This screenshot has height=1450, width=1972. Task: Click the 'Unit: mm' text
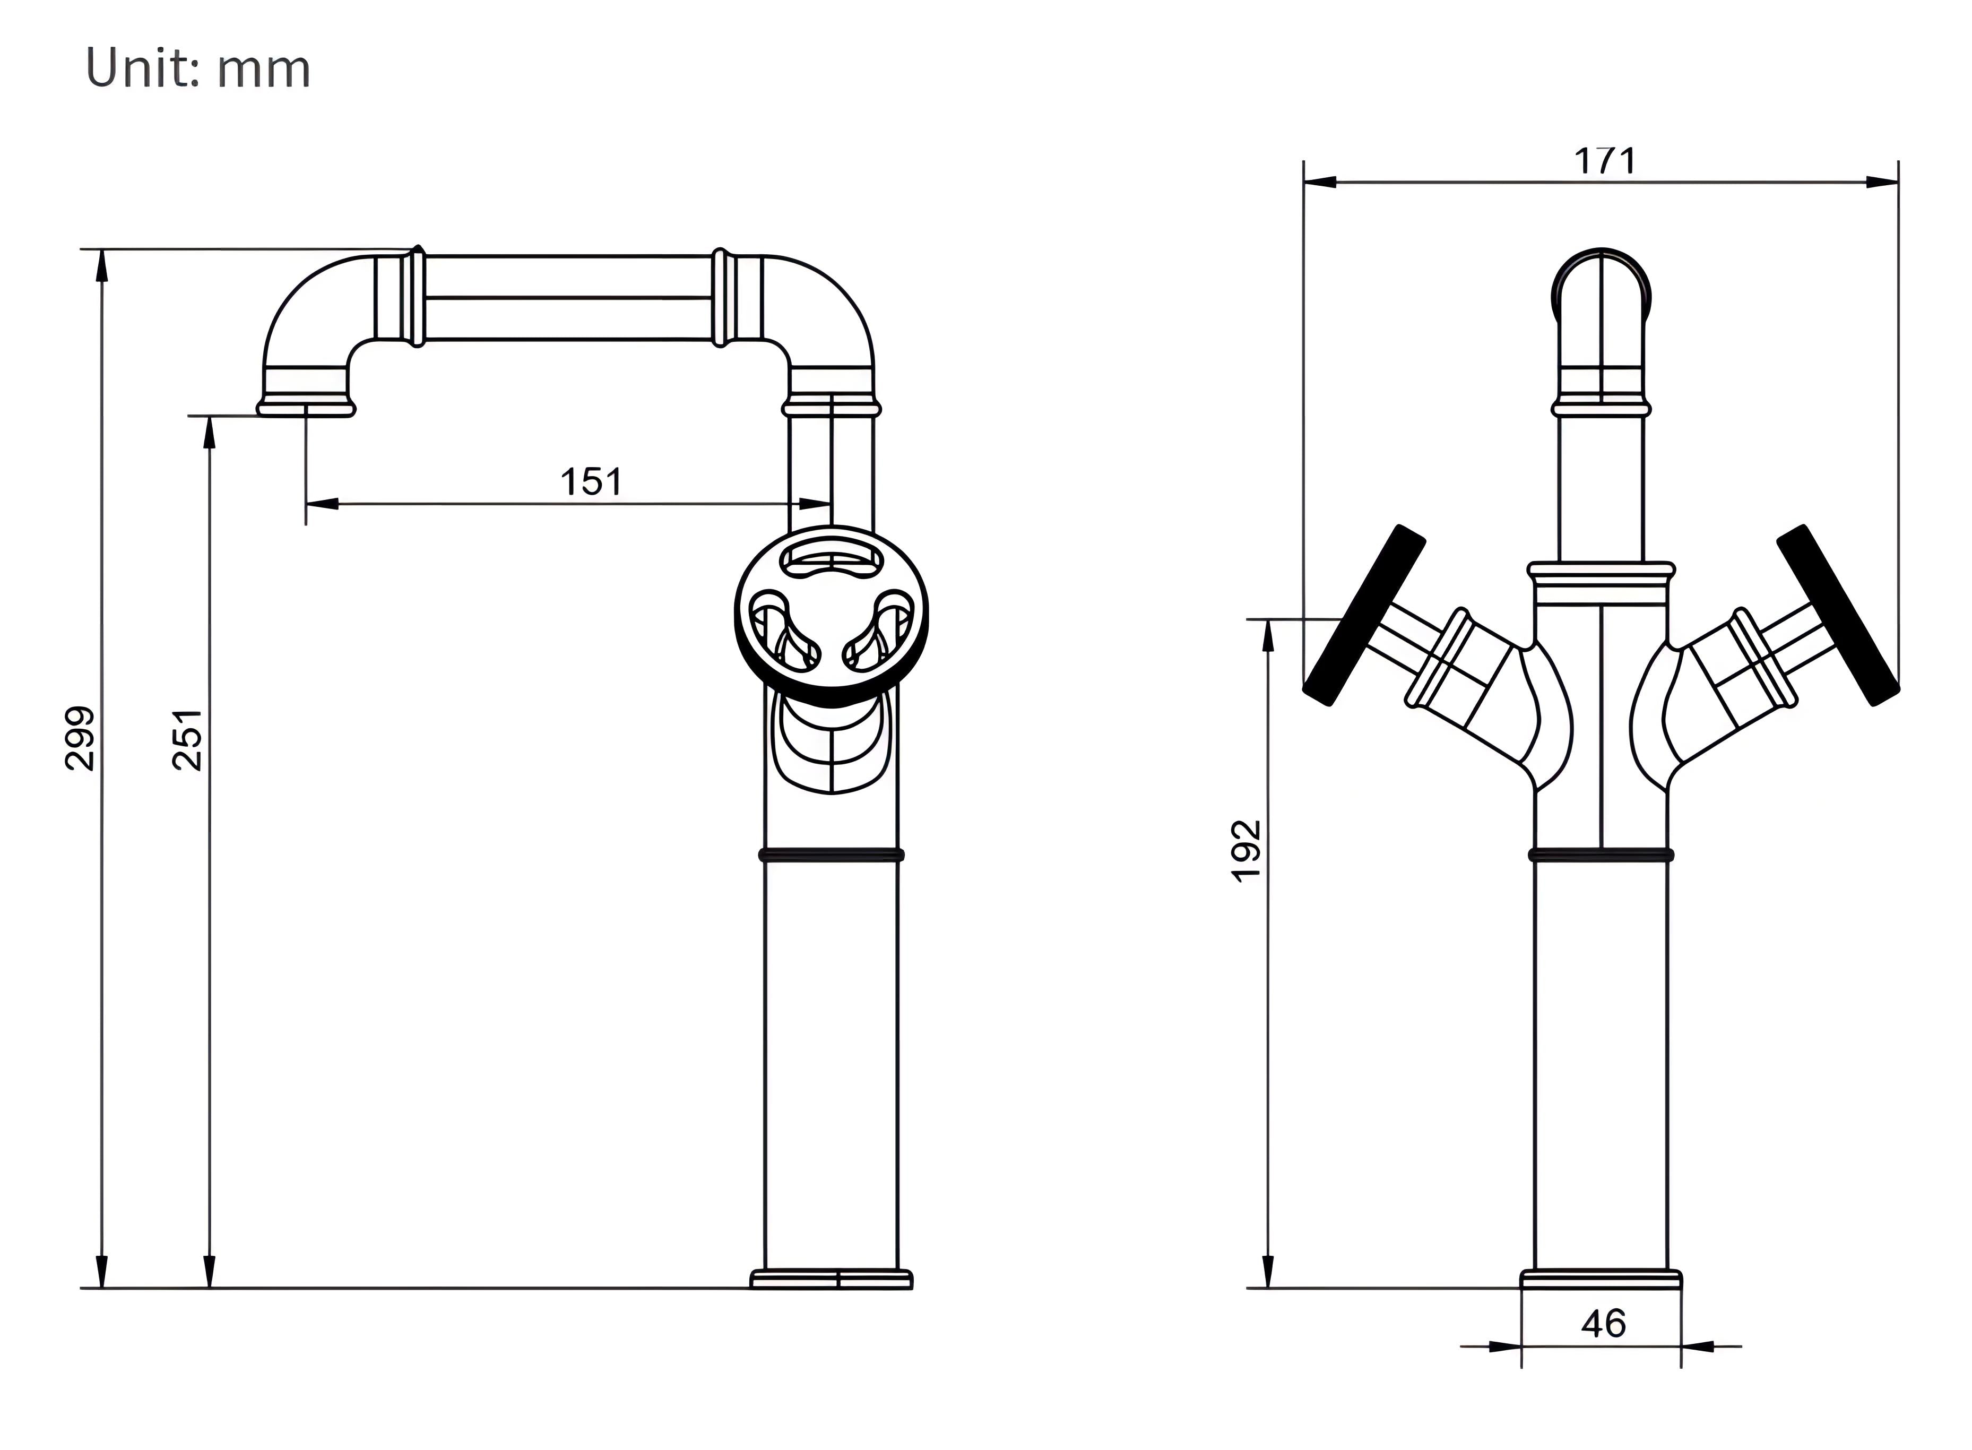pyautogui.click(x=198, y=68)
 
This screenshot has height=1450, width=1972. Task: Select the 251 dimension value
pyautogui.click(x=188, y=739)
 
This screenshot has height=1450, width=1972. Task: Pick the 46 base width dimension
pyautogui.click(x=1603, y=1324)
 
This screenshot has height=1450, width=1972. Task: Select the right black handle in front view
pyautogui.click(x=1838, y=615)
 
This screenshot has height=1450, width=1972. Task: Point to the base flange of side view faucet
pyautogui.click(x=831, y=1279)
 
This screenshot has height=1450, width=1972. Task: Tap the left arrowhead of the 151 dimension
pyautogui.click(x=321, y=504)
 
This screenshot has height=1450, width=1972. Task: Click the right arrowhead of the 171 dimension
pyautogui.click(x=1882, y=183)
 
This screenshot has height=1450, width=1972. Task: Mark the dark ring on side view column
pyautogui.click(x=831, y=854)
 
